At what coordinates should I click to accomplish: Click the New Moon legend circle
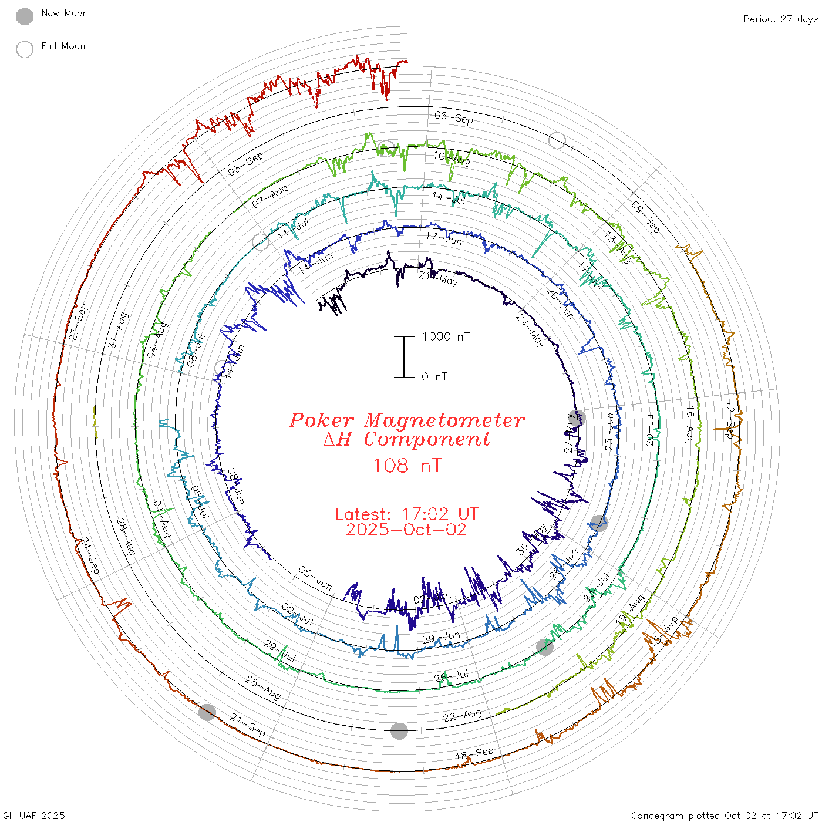25,16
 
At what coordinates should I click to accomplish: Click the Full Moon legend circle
25,49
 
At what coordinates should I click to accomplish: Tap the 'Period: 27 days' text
780,19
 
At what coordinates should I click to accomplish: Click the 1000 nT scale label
446,336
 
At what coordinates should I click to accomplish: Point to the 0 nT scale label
434,377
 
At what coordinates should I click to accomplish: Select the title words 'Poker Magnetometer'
406,420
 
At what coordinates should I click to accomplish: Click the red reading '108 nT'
406,466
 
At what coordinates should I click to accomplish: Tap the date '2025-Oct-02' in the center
406,530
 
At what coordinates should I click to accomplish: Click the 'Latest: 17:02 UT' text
406,514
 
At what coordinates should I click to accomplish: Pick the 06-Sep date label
454,117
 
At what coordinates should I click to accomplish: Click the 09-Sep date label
645,216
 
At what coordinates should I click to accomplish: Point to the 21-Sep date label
247,725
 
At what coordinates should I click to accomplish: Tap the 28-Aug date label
125,537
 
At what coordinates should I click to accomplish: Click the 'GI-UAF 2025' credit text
34,816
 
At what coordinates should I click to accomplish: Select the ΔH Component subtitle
406,439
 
